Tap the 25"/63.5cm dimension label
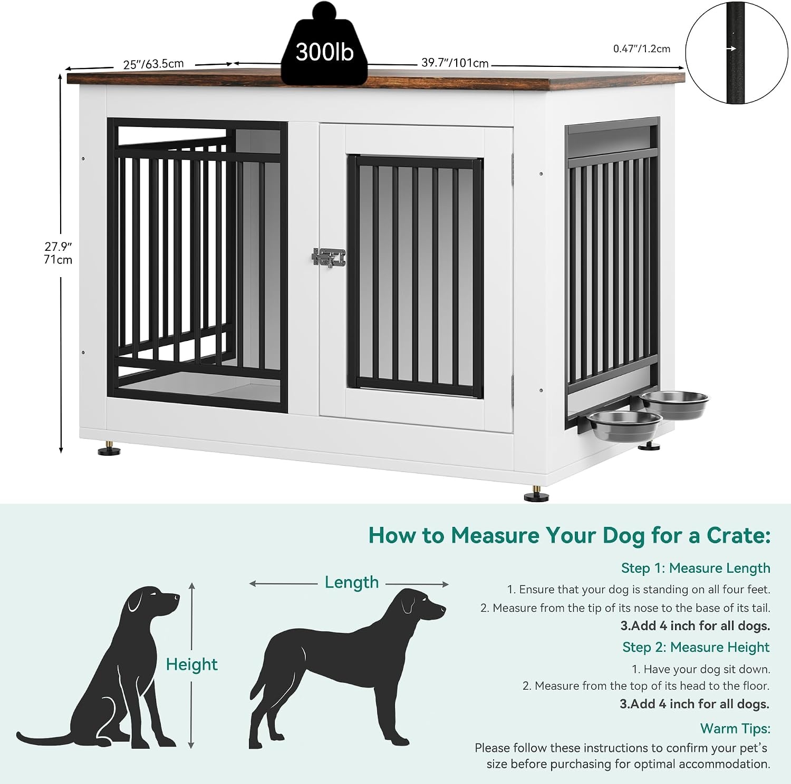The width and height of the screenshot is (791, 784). pyautogui.click(x=153, y=64)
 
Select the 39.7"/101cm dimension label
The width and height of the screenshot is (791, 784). pyautogui.click(x=455, y=63)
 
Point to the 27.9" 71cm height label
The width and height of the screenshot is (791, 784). pyautogui.click(x=58, y=253)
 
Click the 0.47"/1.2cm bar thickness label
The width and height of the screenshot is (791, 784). pyautogui.click(x=642, y=49)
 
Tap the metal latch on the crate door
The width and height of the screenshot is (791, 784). pyautogui.click(x=329, y=257)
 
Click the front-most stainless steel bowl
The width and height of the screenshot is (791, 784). pyautogui.click(x=624, y=425)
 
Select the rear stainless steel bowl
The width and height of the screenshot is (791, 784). pyautogui.click(x=676, y=404)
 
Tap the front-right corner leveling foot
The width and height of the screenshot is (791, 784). pyautogui.click(x=536, y=495)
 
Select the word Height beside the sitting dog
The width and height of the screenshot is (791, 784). pyautogui.click(x=191, y=664)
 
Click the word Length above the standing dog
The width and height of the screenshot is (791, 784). pyautogui.click(x=352, y=582)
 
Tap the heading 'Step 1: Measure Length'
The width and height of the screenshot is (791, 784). pyautogui.click(x=696, y=568)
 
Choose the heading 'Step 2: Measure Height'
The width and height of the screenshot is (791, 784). pyautogui.click(x=696, y=647)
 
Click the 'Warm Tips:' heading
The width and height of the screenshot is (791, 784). pyautogui.click(x=735, y=729)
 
